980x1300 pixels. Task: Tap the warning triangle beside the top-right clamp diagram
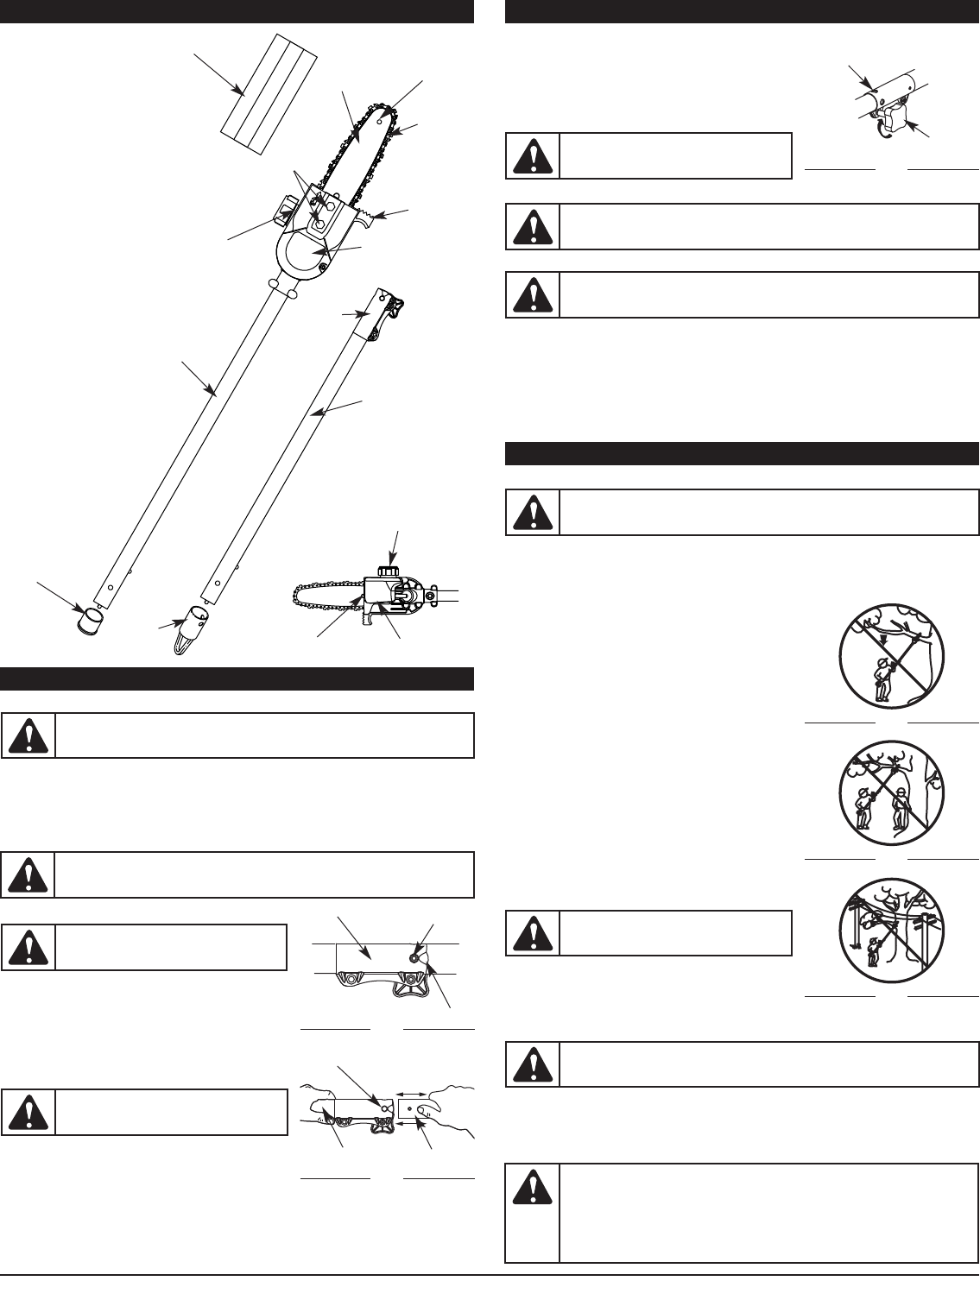click(532, 155)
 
